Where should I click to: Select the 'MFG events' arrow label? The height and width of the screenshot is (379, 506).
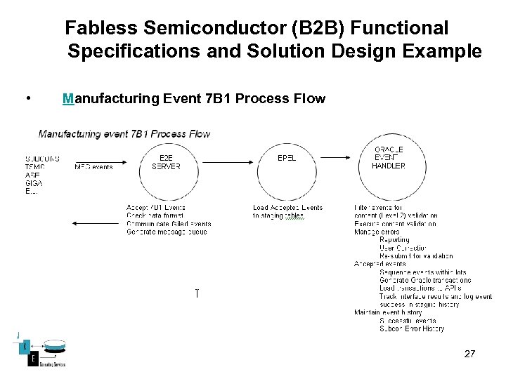93,167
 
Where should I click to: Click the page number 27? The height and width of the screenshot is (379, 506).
470,354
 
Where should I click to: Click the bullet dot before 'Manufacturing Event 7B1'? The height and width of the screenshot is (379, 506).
26,98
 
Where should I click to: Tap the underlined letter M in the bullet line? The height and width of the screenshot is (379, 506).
68,98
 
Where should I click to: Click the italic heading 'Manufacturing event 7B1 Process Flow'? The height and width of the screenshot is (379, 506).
124,133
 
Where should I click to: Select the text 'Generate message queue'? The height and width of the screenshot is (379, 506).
167,232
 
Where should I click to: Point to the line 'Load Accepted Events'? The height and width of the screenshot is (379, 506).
287,208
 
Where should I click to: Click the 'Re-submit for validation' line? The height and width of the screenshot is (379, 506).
416,256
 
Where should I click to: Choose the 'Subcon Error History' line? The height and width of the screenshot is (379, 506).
412,328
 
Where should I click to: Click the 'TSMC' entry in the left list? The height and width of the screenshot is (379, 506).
35,167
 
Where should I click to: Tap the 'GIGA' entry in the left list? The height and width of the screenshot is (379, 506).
34,183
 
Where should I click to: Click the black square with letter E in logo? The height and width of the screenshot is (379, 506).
32,359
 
